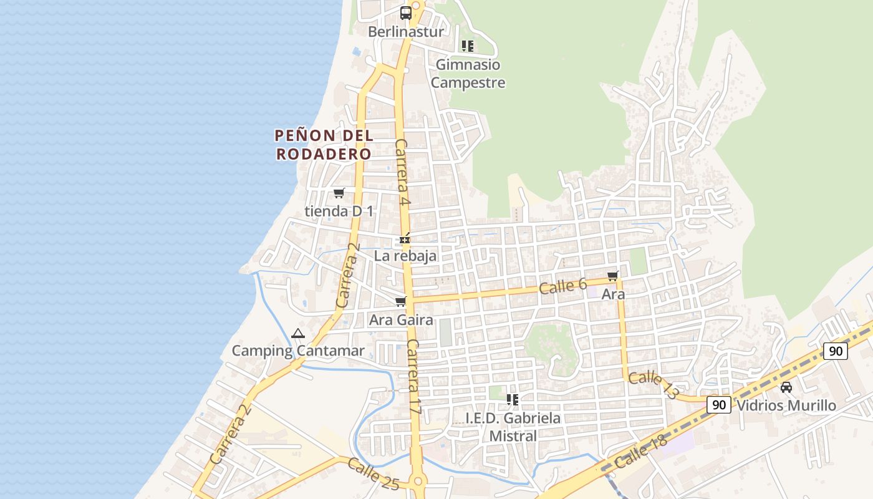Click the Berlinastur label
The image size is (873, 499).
click(405, 32)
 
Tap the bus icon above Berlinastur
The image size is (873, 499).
click(405, 12)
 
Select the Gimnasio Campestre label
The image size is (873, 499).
click(468, 74)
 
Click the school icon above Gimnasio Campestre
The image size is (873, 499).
click(467, 46)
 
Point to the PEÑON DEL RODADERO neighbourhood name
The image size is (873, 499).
click(324, 144)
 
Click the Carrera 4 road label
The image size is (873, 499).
click(403, 172)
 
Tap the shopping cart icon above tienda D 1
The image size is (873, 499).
click(339, 193)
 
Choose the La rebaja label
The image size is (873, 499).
click(405, 256)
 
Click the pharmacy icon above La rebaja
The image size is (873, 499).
click(405, 239)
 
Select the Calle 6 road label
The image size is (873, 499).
click(562, 286)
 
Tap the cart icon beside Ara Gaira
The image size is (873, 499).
click(400, 302)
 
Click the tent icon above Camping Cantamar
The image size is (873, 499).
click(297, 334)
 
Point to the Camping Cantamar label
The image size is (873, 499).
click(298, 351)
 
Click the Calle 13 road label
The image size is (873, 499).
click(652, 385)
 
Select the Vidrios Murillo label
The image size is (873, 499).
click(786, 405)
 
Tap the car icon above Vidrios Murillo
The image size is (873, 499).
click(786, 387)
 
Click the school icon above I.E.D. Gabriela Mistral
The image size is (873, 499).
click(513, 399)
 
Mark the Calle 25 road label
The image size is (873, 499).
click(373, 473)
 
